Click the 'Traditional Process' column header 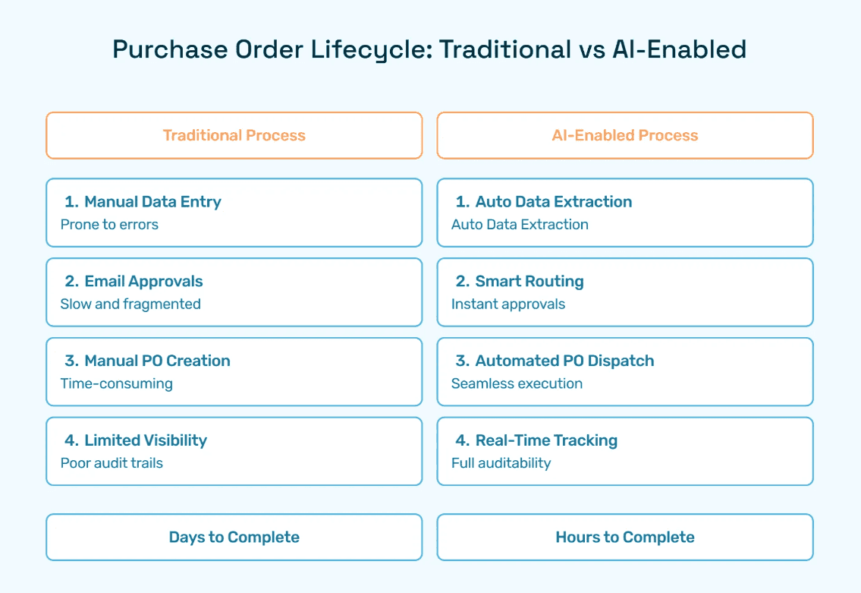point(234,135)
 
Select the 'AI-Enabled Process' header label point(625,135)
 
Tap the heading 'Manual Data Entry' point(152,202)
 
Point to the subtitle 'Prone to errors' point(109,224)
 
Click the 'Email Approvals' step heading point(143,282)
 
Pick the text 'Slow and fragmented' point(130,304)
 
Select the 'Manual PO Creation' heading point(157,361)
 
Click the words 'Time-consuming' point(116,383)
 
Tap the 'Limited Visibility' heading point(146,440)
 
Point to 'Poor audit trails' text point(112,462)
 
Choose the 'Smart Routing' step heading point(529,282)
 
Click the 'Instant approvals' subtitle point(508,304)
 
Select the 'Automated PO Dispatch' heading point(564,361)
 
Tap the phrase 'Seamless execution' point(517,383)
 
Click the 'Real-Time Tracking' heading point(546,440)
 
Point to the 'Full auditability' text point(501,462)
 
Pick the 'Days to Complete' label point(234,537)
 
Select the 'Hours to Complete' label point(625,537)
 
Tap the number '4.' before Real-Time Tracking point(462,440)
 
